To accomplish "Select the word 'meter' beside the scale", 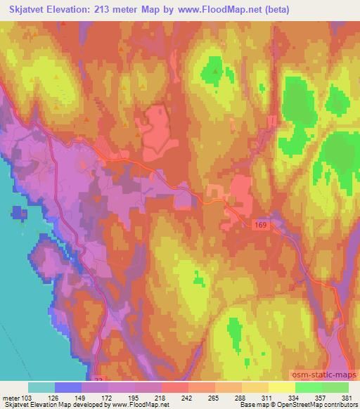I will [x=10, y=397].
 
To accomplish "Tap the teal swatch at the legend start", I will [x=41, y=387].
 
